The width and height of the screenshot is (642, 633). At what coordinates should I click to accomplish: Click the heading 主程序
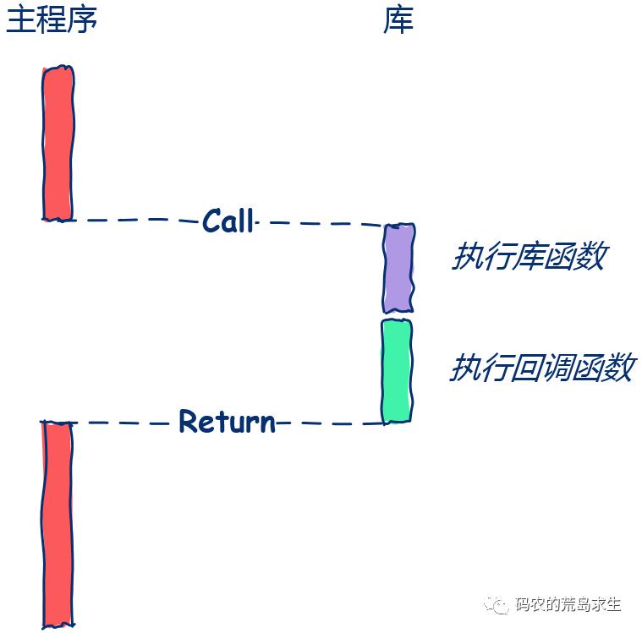(52, 20)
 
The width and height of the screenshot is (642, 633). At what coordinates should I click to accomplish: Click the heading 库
(398, 20)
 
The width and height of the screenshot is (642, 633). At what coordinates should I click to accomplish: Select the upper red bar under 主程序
(58, 144)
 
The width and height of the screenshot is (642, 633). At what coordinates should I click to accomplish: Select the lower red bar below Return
(58, 524)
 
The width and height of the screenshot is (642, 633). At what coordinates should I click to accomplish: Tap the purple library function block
(398, 268)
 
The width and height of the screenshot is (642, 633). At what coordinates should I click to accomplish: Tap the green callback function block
(397, 371)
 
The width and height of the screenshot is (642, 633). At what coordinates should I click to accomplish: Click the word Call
(228, 221)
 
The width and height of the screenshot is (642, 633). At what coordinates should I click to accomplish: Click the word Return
(228, 421)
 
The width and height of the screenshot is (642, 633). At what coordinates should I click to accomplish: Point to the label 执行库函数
(529, 256)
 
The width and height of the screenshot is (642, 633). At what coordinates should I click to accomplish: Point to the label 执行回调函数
(543, 368)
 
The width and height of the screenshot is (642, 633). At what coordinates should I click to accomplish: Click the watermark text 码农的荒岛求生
(568, 604)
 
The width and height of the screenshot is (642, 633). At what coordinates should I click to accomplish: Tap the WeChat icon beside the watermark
(497, 604)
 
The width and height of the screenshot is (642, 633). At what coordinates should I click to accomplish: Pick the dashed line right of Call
(326, 223)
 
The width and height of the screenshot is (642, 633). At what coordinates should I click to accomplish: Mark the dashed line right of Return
(331, 423)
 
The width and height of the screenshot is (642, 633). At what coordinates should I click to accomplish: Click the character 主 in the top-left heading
(20, 20)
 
